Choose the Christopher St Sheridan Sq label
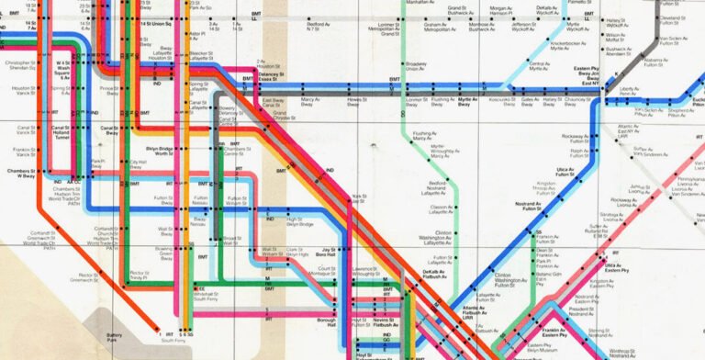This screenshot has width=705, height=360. click(21, 65)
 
